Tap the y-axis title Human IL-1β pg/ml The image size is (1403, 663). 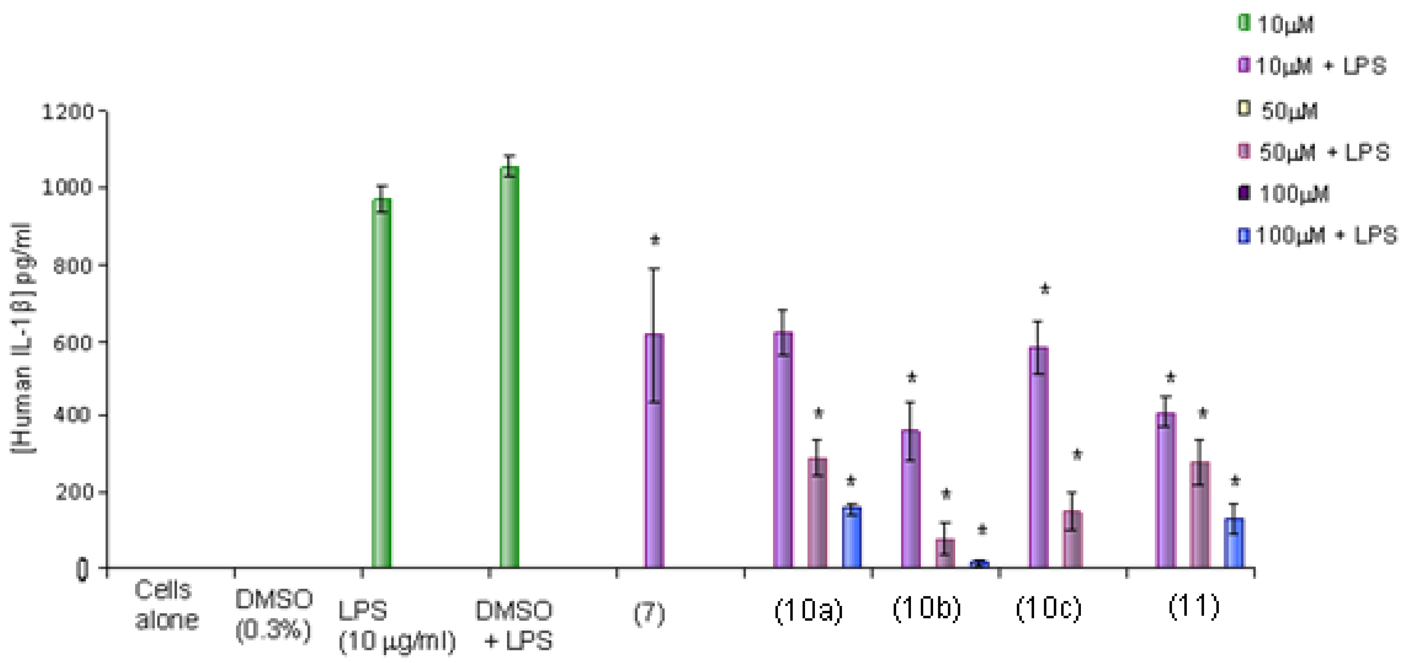click(23, 337)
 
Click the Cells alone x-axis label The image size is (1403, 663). click(166, 605)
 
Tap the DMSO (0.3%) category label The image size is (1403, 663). click(274, 615)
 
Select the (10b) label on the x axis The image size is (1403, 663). click(926, 608)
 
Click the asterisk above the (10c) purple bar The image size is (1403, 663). click(1045, 290)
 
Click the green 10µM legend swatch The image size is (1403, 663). click(1244, 23)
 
